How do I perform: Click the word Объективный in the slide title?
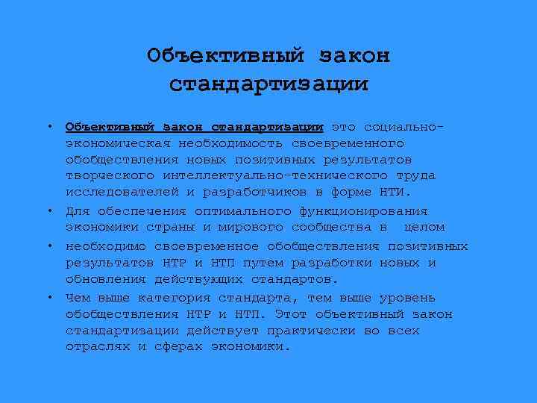(226, 56)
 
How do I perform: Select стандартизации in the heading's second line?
(268, 84)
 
